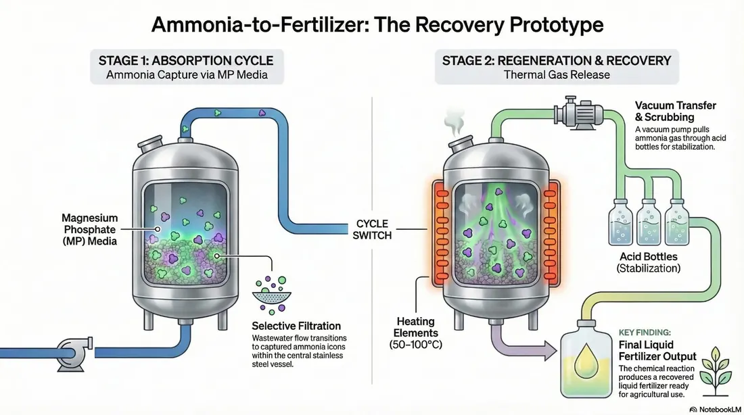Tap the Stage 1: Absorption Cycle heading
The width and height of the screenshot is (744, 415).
pos(186,61)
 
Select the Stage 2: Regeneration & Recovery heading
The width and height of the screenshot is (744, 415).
pos(557,61)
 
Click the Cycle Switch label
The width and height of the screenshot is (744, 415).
pos(372,230)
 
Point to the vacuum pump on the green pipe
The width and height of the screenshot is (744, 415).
pos(579,113)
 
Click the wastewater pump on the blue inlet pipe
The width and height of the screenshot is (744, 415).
pos(75,353)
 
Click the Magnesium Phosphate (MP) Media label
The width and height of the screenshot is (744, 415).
pos(90,230)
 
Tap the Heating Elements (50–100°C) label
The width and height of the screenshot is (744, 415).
pos(416,333)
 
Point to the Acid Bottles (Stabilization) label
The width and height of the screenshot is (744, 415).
pos(649,262)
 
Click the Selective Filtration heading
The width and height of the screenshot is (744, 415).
pos(296,326)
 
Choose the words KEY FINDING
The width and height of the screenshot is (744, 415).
pos(645,333)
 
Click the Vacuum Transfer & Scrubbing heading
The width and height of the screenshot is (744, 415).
pos(676,111)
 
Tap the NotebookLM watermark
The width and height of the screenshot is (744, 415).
pos(716,410)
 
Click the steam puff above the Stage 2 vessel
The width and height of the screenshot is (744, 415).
pos(454,122)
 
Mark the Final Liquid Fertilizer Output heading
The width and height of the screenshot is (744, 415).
pos(657,351)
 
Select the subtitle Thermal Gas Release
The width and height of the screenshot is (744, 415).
pos(557,75)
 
